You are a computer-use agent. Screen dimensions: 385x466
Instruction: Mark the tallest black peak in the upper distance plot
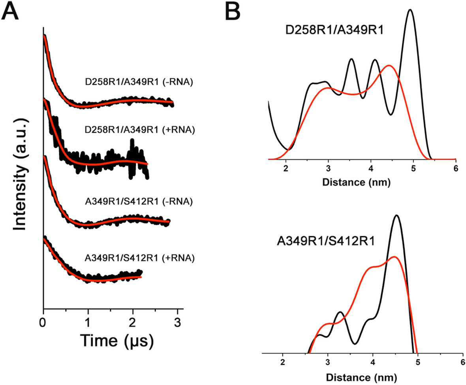click(410, 11)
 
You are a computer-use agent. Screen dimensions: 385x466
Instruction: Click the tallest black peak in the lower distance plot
click(396, 216)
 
